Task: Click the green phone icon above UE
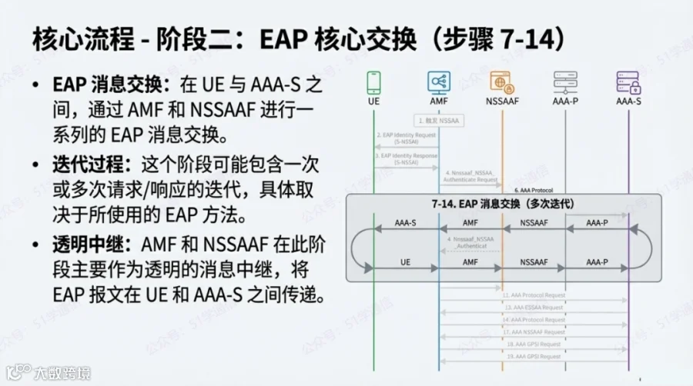(373, 82)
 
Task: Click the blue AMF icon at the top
(439, 82)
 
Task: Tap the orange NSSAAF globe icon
(502, 82)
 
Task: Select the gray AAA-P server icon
(565, 82)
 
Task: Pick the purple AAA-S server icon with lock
(628, 82)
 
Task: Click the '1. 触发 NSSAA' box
(439, 121)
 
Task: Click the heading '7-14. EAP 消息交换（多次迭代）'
(501, 205)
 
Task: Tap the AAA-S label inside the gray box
(405, 224)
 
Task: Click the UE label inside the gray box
(405, 262)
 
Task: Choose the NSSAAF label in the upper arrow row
(534, 224)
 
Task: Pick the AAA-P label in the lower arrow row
(597, 262)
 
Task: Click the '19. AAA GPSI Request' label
(534, 357)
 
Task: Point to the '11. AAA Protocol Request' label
(534, 294)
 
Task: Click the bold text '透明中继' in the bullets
(82, 245)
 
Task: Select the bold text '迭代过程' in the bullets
(82, 165)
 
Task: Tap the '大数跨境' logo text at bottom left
(62, 373)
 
